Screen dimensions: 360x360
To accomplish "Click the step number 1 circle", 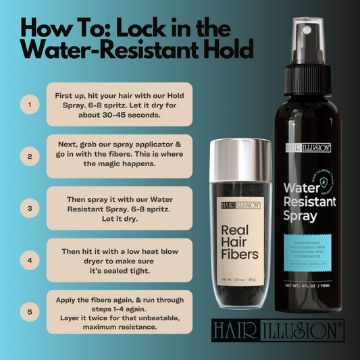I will [x=28, y=105].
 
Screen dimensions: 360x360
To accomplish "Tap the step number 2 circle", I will [x=28, y=157].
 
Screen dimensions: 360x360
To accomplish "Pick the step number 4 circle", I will [x=28, y=259].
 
